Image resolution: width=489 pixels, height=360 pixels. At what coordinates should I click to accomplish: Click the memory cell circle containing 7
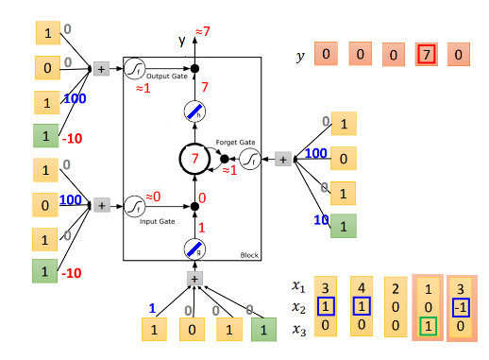click(194, 159)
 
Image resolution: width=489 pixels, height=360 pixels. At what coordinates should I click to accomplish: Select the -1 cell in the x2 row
click(462, 308)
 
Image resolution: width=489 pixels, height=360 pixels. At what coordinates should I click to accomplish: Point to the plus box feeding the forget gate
click(281, 161)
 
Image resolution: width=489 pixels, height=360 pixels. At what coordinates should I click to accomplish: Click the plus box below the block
click(194, 279)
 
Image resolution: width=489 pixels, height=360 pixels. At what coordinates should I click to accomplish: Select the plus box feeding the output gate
click(101, 69)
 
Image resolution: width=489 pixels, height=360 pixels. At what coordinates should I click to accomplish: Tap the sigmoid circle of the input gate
click(135, 205)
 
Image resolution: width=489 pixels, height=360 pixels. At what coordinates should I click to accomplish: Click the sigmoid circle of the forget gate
click(251, 161)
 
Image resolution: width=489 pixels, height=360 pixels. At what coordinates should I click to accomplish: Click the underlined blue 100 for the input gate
click(72, 200)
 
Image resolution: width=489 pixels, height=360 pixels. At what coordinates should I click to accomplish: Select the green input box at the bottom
click(265, 329)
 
